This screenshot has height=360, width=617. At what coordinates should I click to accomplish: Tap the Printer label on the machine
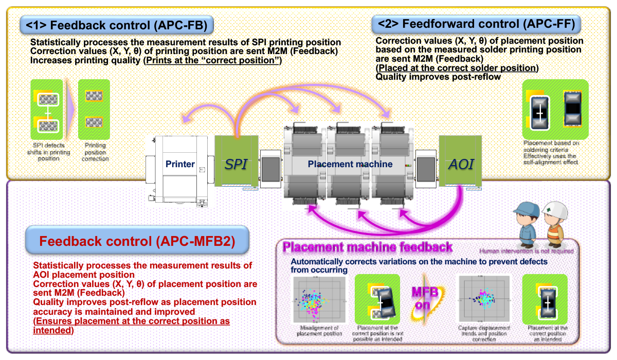[180, 165]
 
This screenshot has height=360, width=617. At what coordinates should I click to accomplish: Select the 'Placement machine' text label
[350, 165]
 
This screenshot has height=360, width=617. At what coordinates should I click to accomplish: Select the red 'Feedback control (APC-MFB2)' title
[137, 241]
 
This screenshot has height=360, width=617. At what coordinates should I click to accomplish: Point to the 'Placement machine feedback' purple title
[367, 247]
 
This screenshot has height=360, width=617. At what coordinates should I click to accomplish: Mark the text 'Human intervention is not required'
[526, 251]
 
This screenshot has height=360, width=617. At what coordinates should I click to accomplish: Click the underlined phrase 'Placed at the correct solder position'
[457, 68]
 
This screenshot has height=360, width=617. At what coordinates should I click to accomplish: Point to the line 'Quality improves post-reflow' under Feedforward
[438, 77]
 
